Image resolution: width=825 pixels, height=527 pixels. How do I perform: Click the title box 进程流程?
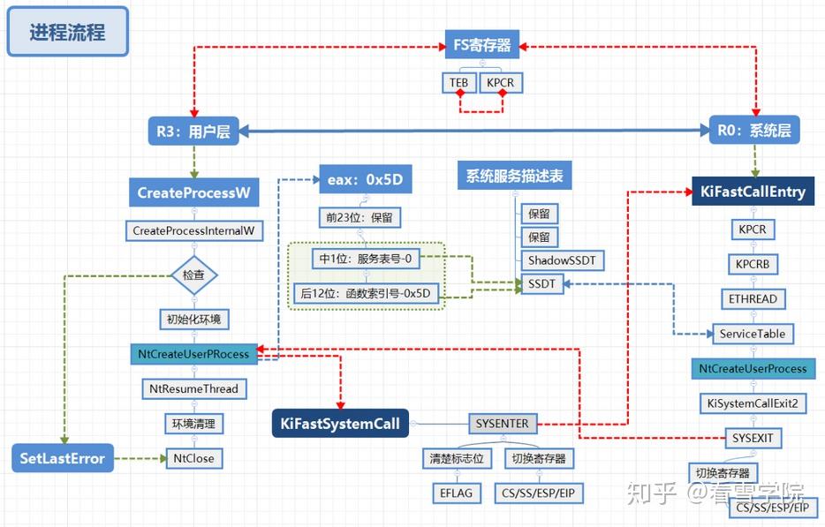point(67,33)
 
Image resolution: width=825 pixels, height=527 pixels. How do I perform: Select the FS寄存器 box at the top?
point(481,44)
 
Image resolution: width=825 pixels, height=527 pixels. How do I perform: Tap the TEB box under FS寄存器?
point(458,83)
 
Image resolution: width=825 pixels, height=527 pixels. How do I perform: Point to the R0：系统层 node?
point(754,132)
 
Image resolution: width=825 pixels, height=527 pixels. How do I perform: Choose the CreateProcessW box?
point(193,192)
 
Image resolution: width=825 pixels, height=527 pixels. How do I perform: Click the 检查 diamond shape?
point(193,275)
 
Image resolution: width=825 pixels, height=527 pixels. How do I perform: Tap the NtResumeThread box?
point(193,388)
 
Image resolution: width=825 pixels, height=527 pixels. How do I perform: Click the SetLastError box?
point(62,458)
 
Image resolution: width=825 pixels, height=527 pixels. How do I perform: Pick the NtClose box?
point(193,458)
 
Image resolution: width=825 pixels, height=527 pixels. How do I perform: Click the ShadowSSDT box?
point(562,260)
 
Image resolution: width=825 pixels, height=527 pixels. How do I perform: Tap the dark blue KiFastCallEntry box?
point(753,192)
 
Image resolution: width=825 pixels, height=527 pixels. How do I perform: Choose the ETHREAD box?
point(753,299)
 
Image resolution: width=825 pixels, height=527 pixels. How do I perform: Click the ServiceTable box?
point(753,335)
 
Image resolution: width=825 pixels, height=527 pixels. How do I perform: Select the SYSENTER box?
point(502,423)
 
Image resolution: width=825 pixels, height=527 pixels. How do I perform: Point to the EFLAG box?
point(456,493)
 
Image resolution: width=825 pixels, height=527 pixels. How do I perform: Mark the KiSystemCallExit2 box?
point(753,403)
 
